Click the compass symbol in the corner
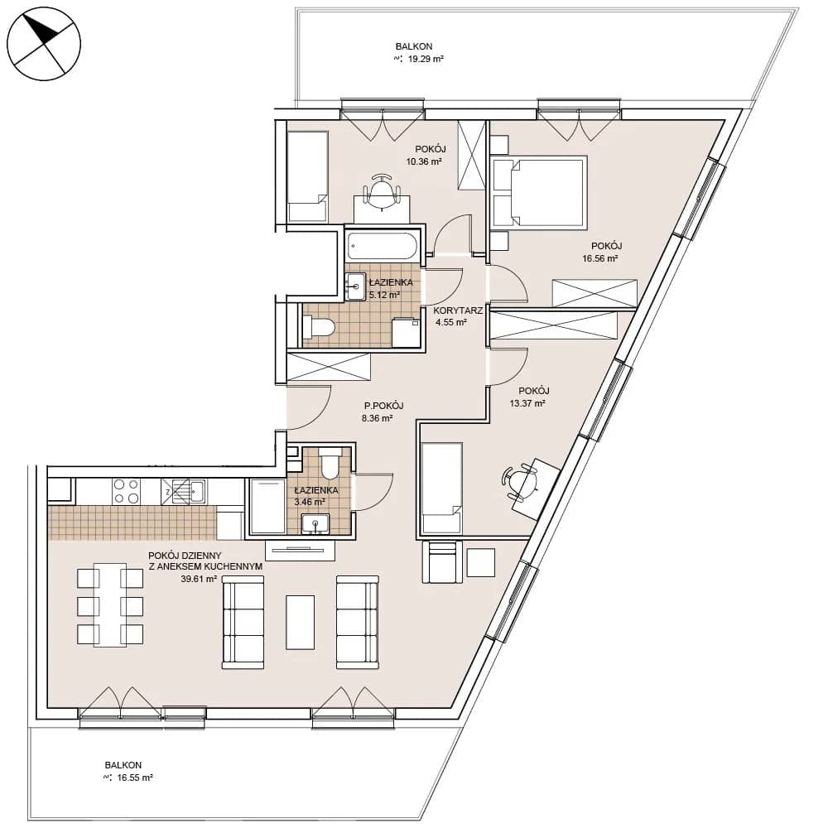(44, 44)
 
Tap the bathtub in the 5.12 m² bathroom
(383, 247)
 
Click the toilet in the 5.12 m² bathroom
(319, 327)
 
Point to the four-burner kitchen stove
(127, 491)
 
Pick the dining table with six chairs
(110, 604)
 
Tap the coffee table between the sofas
(300, 622)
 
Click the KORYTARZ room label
(458, 310)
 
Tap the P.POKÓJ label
(384, 406)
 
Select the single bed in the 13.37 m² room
(442, 488)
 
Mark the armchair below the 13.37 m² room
(442, 562)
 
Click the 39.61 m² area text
(199, 579)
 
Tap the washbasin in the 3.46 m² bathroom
(315, 523)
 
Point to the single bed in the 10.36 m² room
(307, 176)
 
